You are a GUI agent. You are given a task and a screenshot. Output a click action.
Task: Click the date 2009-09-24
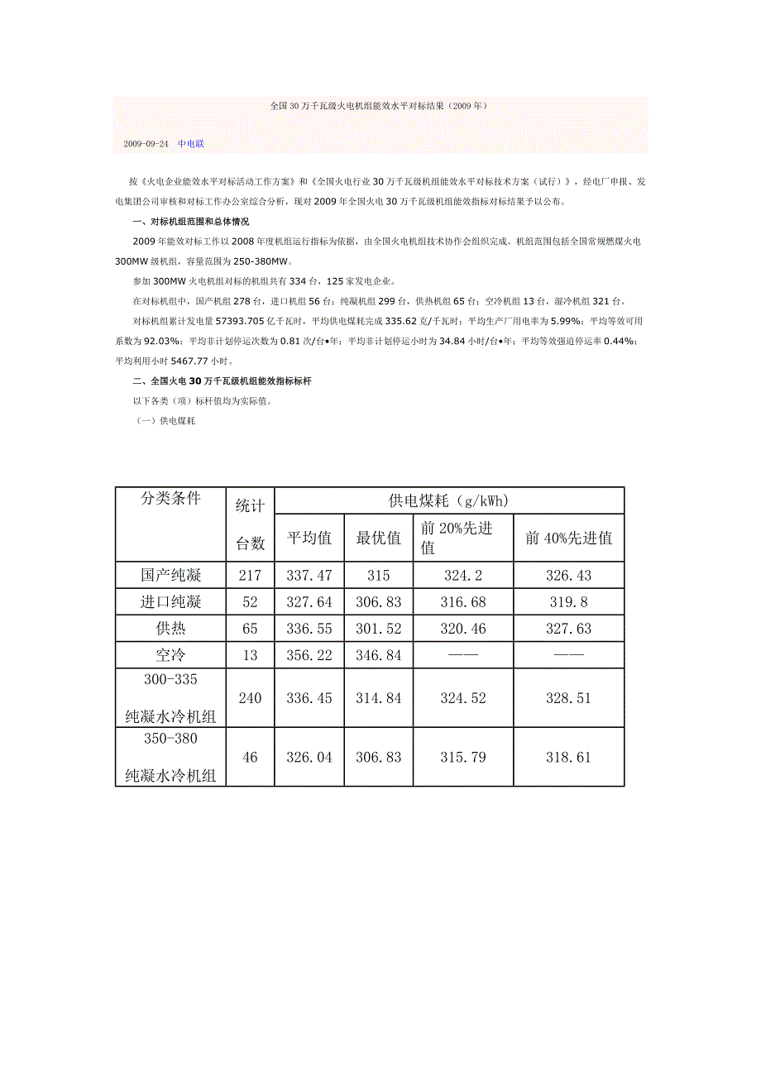(146, 144)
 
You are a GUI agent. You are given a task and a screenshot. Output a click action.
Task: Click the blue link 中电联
(191, 144)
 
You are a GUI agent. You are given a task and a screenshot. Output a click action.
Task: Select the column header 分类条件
(170, 499)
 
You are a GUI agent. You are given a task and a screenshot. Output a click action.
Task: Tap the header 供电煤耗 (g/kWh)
(448, 500)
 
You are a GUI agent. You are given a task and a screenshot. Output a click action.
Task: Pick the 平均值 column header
(309, 538)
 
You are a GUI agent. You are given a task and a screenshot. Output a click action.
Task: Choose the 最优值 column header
(379, 538)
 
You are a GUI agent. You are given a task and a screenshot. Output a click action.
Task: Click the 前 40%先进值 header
(568, 538)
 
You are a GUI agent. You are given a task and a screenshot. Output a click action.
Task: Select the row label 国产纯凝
(170, 575)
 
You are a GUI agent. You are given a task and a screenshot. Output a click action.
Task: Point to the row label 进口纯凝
(170, 601)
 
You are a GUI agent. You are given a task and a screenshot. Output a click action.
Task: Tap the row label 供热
(170, 629)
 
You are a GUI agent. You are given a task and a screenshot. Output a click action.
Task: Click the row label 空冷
(170, 655)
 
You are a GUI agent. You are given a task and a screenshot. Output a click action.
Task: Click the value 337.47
(309, 575)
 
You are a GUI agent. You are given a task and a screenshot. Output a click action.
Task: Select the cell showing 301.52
(379, 629)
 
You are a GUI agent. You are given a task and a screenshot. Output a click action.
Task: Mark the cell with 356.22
(309, 655)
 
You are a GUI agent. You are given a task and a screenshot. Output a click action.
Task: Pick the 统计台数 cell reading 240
(250, 698)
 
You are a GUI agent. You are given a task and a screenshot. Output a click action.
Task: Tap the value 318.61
(568, 757)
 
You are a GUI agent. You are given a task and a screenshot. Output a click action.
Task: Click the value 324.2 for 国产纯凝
(463, 575)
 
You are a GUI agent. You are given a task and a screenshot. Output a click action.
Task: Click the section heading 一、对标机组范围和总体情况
(190, 222)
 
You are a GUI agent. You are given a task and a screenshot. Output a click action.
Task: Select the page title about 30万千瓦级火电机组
(380, 107)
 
